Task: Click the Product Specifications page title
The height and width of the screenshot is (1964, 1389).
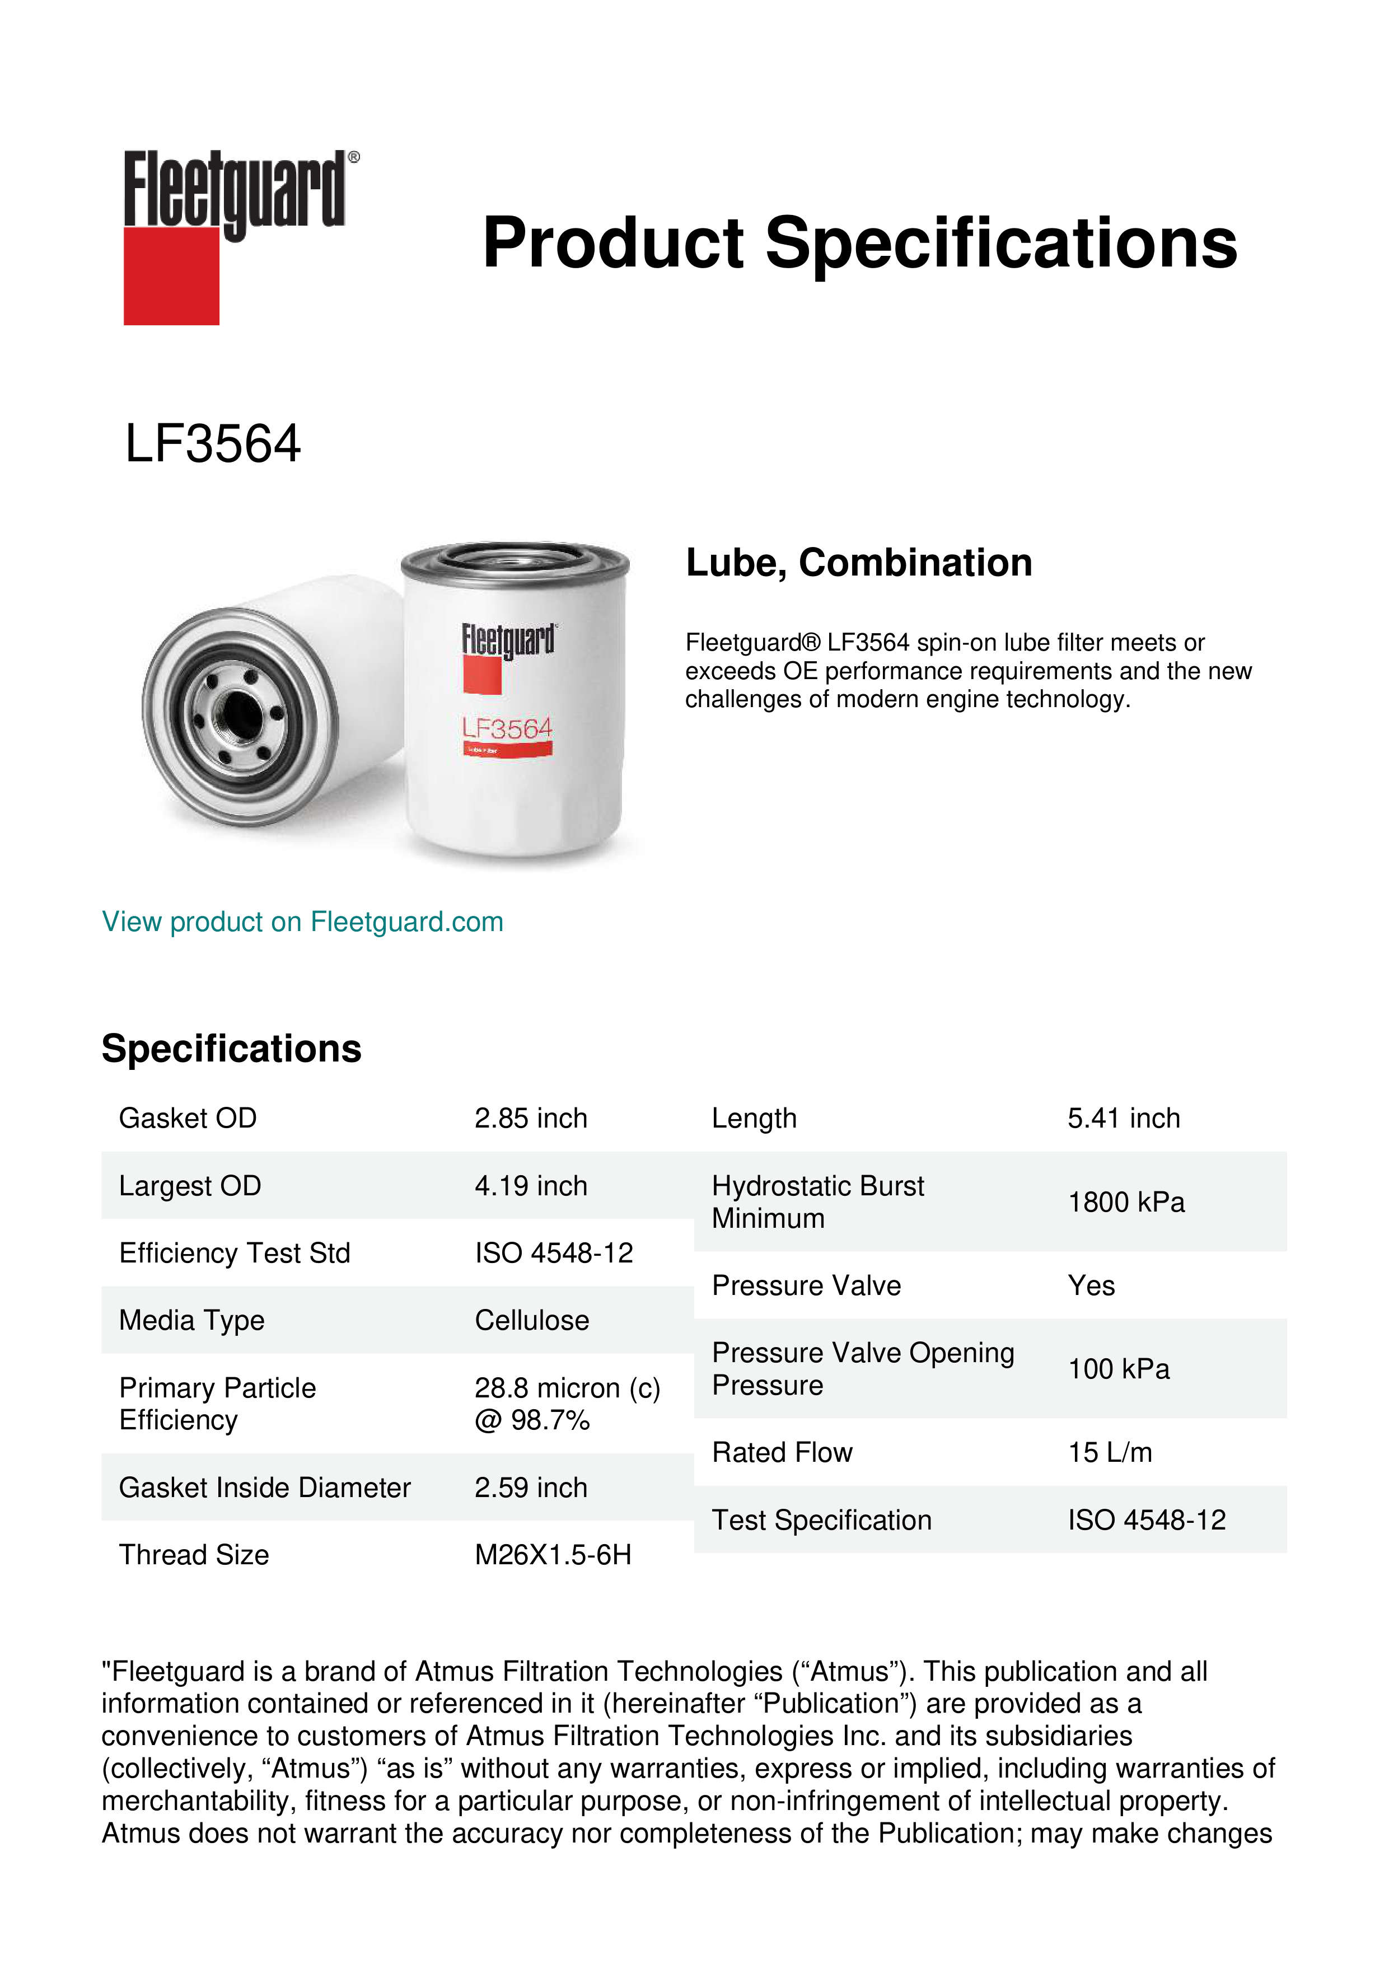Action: tap(859, 243)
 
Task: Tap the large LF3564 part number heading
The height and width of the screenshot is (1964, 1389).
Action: tap(213, 444)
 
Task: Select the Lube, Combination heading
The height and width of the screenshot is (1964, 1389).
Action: tap(859, 563)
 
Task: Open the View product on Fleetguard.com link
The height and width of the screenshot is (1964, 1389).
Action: tap(302, 922)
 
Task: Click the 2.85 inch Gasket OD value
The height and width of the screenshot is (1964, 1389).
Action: tap(530, 1118)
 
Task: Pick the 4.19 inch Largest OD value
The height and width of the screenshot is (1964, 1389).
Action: tap(530, 1186)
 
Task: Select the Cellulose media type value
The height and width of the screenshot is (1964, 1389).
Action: tap(531, 1321)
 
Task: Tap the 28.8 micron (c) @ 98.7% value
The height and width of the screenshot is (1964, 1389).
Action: tap(567, 1404)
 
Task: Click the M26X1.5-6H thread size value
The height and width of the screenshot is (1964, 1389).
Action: tap(553, 1555)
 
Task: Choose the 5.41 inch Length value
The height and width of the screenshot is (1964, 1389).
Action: tap(1123, 1118)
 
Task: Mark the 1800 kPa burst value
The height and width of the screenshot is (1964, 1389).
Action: tap(1125, 1202)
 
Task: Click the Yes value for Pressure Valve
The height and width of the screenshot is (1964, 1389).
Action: tap(1091, 1285)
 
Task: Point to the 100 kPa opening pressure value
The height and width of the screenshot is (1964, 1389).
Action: tap(1118, 1369)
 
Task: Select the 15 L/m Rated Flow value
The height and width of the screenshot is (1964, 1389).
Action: tap(1109, 1452)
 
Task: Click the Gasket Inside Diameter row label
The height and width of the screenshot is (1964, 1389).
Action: tap(264, 1488)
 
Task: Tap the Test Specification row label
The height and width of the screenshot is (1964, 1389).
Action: tap(821, 1520)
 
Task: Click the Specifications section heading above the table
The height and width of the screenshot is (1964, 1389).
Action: tap(231, 1049)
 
